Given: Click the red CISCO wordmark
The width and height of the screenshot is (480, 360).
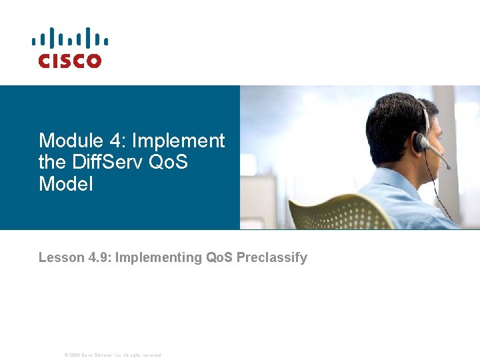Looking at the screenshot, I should pos(69,61).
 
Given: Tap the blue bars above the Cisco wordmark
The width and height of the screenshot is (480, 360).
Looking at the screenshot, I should pos(69,39).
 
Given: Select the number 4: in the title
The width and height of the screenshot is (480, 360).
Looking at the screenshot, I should pos(116,141).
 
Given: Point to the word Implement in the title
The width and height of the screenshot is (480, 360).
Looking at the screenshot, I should pos(179,141).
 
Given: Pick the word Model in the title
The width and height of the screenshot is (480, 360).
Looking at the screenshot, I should pos(66,183).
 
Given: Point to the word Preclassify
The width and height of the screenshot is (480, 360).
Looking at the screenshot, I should pos(271,257).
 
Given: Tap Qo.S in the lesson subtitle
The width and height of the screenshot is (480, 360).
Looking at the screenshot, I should pos(219,257).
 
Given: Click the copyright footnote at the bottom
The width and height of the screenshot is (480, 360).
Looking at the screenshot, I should pos(112,355).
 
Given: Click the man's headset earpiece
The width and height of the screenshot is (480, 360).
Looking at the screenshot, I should pos(419,142).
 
